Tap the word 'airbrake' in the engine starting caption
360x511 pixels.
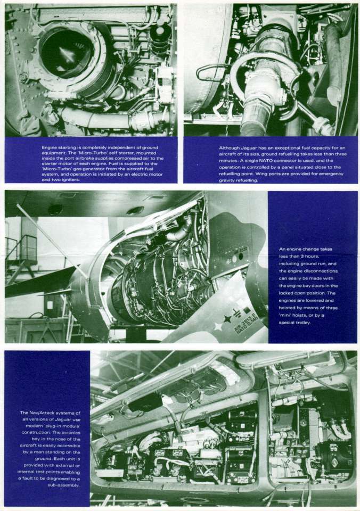pyautogui.click(x=112, y=152)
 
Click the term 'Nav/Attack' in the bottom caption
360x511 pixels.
pyautogui.click(x=44, y=413)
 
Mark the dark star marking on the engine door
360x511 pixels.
pyautogui.click(x=227, y=319)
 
